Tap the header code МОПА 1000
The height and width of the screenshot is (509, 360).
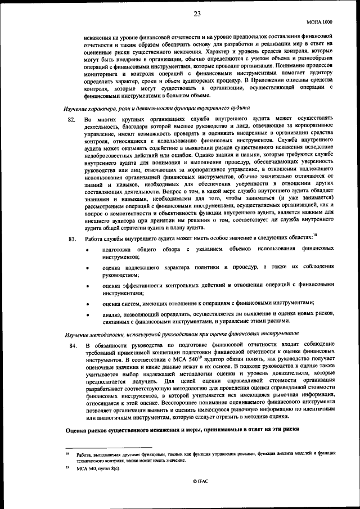click(319, 21)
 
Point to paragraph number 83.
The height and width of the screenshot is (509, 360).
click(71, 238)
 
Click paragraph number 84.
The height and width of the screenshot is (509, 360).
click(71, 345)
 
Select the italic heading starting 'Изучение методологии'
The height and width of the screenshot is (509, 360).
click(176, 334)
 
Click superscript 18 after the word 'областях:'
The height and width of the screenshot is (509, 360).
click(315, 235)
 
